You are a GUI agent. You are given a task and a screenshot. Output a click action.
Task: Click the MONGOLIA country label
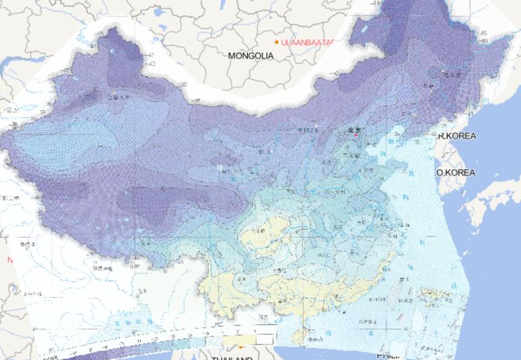(x=250, y=56)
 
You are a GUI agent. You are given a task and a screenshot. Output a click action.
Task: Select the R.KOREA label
(x=457, y=136)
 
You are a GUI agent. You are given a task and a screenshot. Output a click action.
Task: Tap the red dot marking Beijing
(x=354, y=135)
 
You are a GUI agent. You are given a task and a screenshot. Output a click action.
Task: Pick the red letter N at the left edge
(x=9, y=260)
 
